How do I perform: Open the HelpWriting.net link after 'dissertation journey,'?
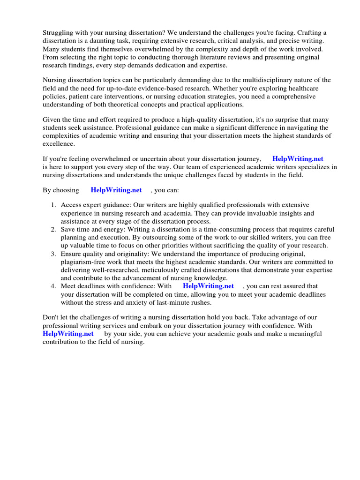pyautogui.click(x=298, y=159)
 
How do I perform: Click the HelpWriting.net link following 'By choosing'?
pyautogui.click(x=116, y=190)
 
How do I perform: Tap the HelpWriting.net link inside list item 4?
pyautogui.click(x=208, y=286)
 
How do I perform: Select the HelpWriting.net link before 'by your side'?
pyautogui.click(x=68, y=334)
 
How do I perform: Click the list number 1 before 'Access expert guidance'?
pyautogui.click(x=53, y=205)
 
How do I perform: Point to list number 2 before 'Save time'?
pyautogui.click(x=53, y=230)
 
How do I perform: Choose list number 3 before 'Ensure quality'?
pyautogui.click(x=53, y=254)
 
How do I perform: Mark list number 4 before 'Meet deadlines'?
pyautogui.click(x=53, y=286)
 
